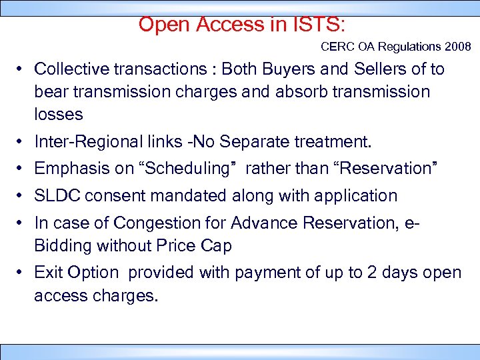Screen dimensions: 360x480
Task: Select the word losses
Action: point(59,114)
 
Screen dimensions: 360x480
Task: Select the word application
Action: point(361,196)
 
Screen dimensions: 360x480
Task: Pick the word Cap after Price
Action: point(217,245)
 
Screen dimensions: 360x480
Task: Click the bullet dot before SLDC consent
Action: point(23,197)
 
